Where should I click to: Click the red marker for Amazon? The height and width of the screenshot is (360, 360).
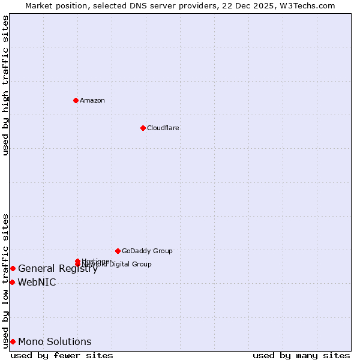(76, 100)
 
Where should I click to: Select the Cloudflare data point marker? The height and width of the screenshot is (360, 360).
(143, 128)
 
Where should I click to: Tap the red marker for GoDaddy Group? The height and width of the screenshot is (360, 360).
(118, 251)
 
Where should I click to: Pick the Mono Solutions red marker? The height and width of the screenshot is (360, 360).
(13, 342)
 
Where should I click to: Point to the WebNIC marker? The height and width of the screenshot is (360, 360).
(12, 282)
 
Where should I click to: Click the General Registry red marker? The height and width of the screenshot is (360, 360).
(13, 268)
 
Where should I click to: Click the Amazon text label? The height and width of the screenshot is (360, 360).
(92, 100)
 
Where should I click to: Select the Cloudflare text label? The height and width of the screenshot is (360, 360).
(163, 128)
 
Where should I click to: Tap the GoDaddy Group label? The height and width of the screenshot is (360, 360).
(147, 251)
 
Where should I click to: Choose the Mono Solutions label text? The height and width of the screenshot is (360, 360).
(55, 342)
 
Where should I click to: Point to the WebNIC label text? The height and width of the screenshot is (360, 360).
(37, 282)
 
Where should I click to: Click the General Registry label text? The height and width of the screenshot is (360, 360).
(58, 269)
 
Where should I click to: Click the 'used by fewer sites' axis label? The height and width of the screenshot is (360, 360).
(62, 355)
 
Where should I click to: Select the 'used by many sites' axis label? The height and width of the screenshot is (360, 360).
(301, 355)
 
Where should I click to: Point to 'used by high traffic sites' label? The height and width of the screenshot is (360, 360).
(5, 85)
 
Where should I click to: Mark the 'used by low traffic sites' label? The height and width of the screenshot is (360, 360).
(5, 280)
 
